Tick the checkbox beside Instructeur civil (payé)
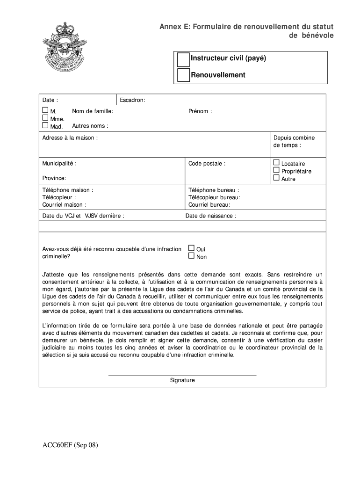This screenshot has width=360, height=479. click(183, 59)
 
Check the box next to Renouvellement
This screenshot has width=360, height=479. click(183, 75)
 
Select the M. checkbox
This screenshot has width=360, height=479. click(45, 110)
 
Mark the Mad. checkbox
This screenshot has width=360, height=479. click(45, 125)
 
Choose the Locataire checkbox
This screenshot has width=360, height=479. click(276, 163)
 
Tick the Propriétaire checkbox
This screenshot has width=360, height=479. click(276, 170)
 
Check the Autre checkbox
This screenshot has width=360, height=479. click(276, 178)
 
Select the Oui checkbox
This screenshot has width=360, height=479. click(191, 248)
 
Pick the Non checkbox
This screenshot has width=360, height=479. click(191, 256)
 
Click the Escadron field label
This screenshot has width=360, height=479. click(132, 100)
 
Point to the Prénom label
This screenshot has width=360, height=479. click(200, 111)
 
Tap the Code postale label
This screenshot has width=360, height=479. click(207, 164)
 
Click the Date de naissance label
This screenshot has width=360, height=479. click(211, 216)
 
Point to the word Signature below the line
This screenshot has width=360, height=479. click(182, 380)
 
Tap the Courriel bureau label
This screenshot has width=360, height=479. click(209, 204)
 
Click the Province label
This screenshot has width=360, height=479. click(54, 178)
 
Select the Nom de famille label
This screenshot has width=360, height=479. click(93, 111)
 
